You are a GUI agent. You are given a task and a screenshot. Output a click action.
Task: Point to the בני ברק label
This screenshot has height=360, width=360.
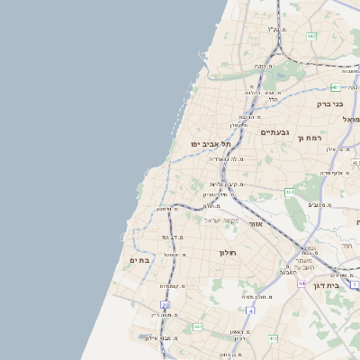coord(330,103)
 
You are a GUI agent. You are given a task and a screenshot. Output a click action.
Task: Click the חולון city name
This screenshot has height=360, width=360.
coord(226,252)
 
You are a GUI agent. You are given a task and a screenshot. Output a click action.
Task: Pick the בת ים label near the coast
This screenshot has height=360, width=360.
coord(139,260)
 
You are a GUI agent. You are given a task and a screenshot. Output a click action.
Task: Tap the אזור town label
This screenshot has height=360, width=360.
coord(255,223)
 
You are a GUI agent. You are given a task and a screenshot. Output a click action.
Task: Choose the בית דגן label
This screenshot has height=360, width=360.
coord(345,284)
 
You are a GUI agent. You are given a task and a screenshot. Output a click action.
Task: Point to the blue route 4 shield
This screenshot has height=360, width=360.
coord(251,310)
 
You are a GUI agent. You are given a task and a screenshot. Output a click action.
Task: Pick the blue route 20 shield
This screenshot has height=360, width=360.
coord(165,306)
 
